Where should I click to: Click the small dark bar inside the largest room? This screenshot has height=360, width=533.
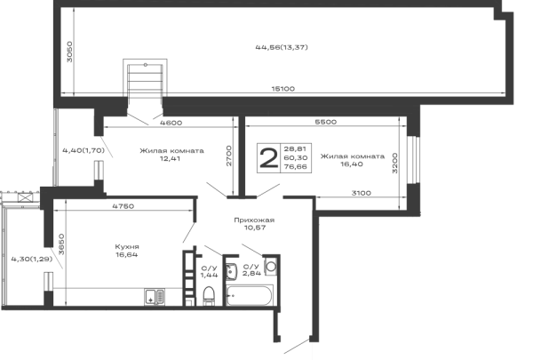click(x=281, y=49)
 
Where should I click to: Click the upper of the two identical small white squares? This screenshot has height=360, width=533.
click(x=78, y=126)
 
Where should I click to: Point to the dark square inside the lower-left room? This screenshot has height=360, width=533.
click(x=128, y=252)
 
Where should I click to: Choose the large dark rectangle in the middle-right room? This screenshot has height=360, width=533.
click(x=284, y=158)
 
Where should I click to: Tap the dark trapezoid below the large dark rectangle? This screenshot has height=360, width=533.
click(x=256, y=220)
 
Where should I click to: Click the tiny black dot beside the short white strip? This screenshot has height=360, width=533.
click(x=231, y=295)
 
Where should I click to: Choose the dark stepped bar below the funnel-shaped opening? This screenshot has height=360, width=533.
click(x=169, y=152)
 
